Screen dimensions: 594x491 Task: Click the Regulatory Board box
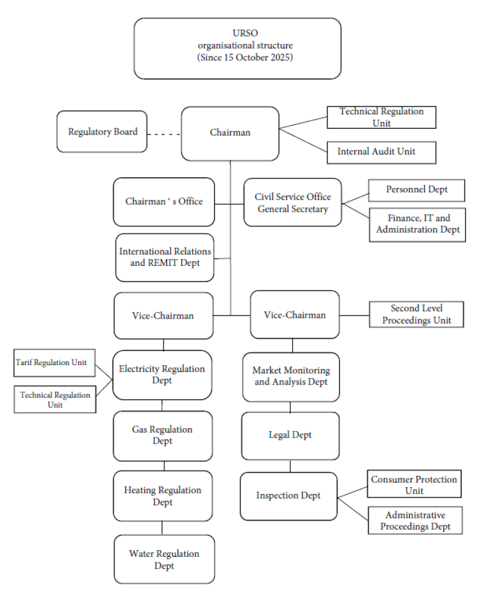102,132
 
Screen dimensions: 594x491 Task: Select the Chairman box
230,133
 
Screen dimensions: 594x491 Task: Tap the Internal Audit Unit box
381,151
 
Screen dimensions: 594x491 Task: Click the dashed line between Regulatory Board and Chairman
164,133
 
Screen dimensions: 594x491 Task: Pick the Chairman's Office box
164,202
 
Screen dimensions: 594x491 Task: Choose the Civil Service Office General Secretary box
293,202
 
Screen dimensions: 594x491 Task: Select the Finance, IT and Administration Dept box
417,224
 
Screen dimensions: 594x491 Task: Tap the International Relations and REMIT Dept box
165,257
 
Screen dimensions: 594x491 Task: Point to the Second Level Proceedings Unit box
416,314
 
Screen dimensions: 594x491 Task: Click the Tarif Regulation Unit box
54,363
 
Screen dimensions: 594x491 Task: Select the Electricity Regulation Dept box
162,375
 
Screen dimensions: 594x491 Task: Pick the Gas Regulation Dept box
163,436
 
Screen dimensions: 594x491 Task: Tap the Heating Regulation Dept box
163,496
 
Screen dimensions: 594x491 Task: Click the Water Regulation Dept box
164,559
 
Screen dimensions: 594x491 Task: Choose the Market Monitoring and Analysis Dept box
291,377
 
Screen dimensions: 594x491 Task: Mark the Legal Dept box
290,435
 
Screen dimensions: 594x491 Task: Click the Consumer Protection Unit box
414,485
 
